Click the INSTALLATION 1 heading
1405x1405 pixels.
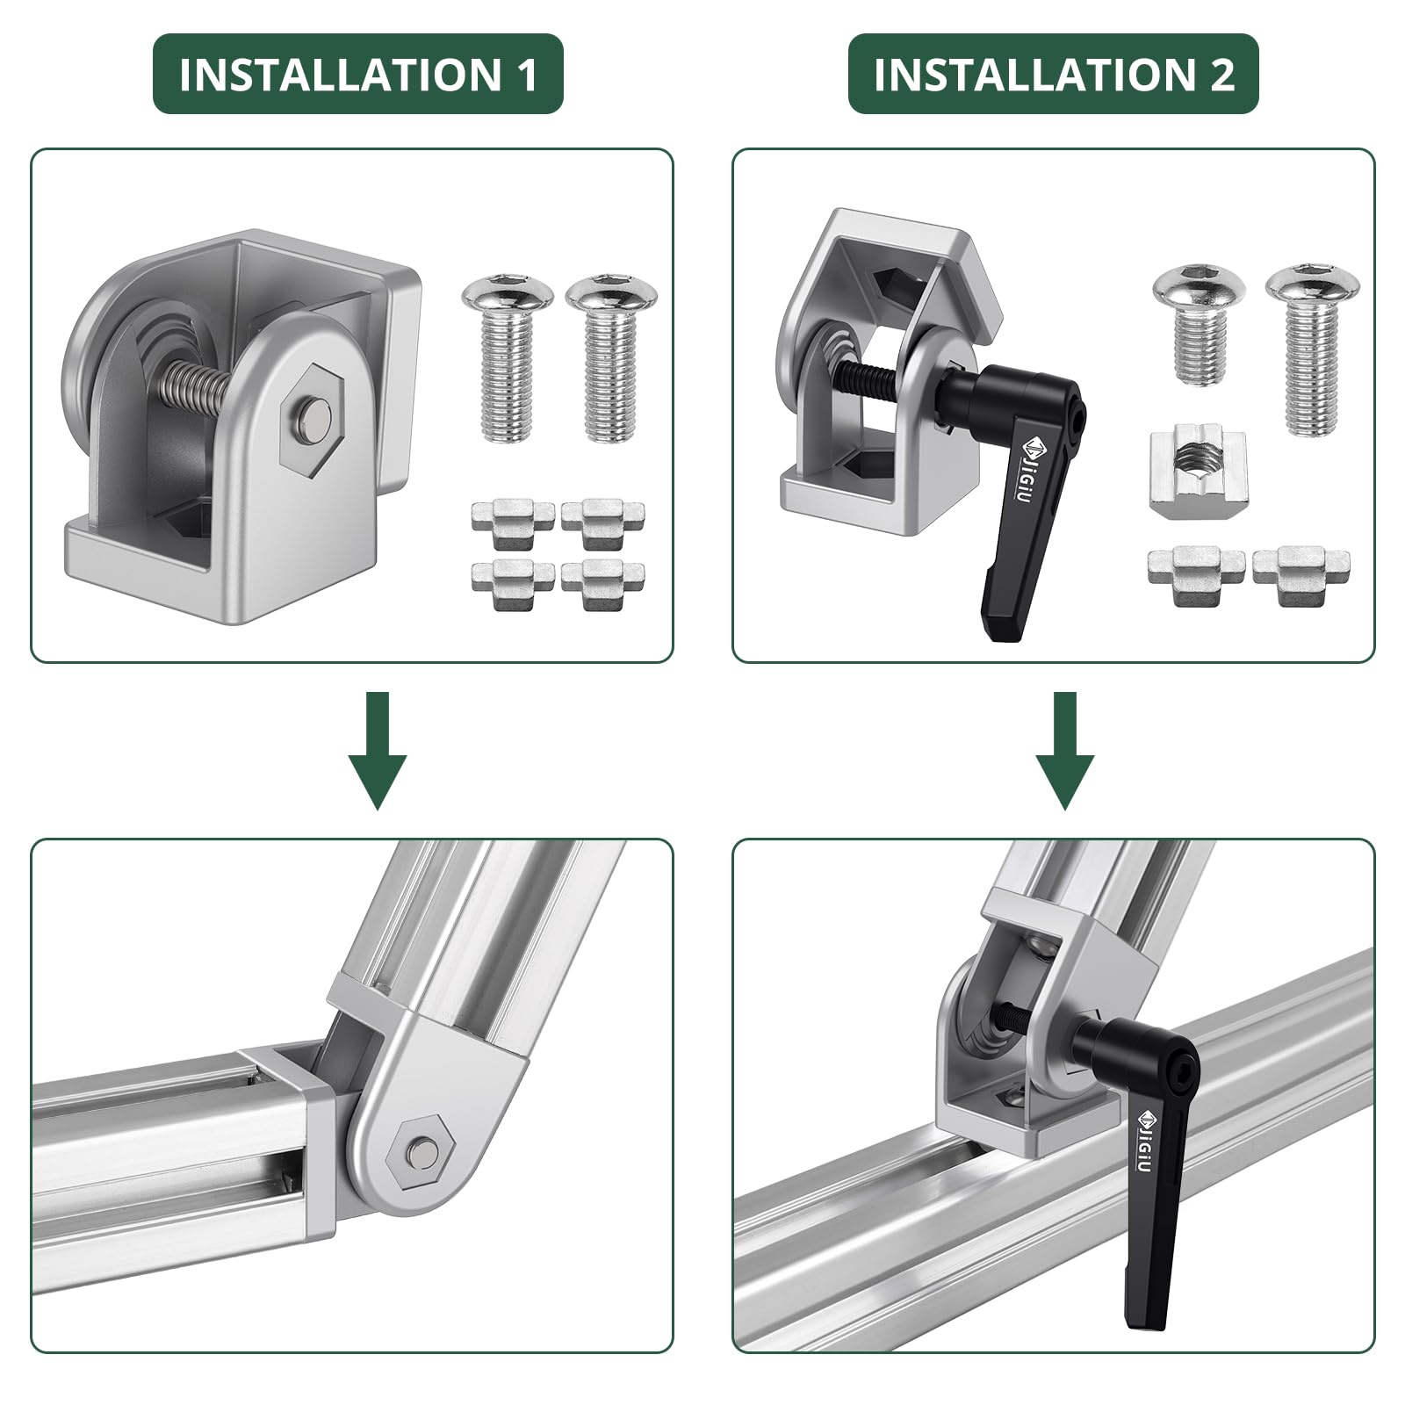(x=358, y=75)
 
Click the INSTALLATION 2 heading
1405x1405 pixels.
(x=1054, y=75)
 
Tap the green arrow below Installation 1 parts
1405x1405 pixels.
(x=378, y=751)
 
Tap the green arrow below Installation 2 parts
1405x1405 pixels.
(x=1065, y=751)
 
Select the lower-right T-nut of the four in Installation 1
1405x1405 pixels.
(x=602, y=583)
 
